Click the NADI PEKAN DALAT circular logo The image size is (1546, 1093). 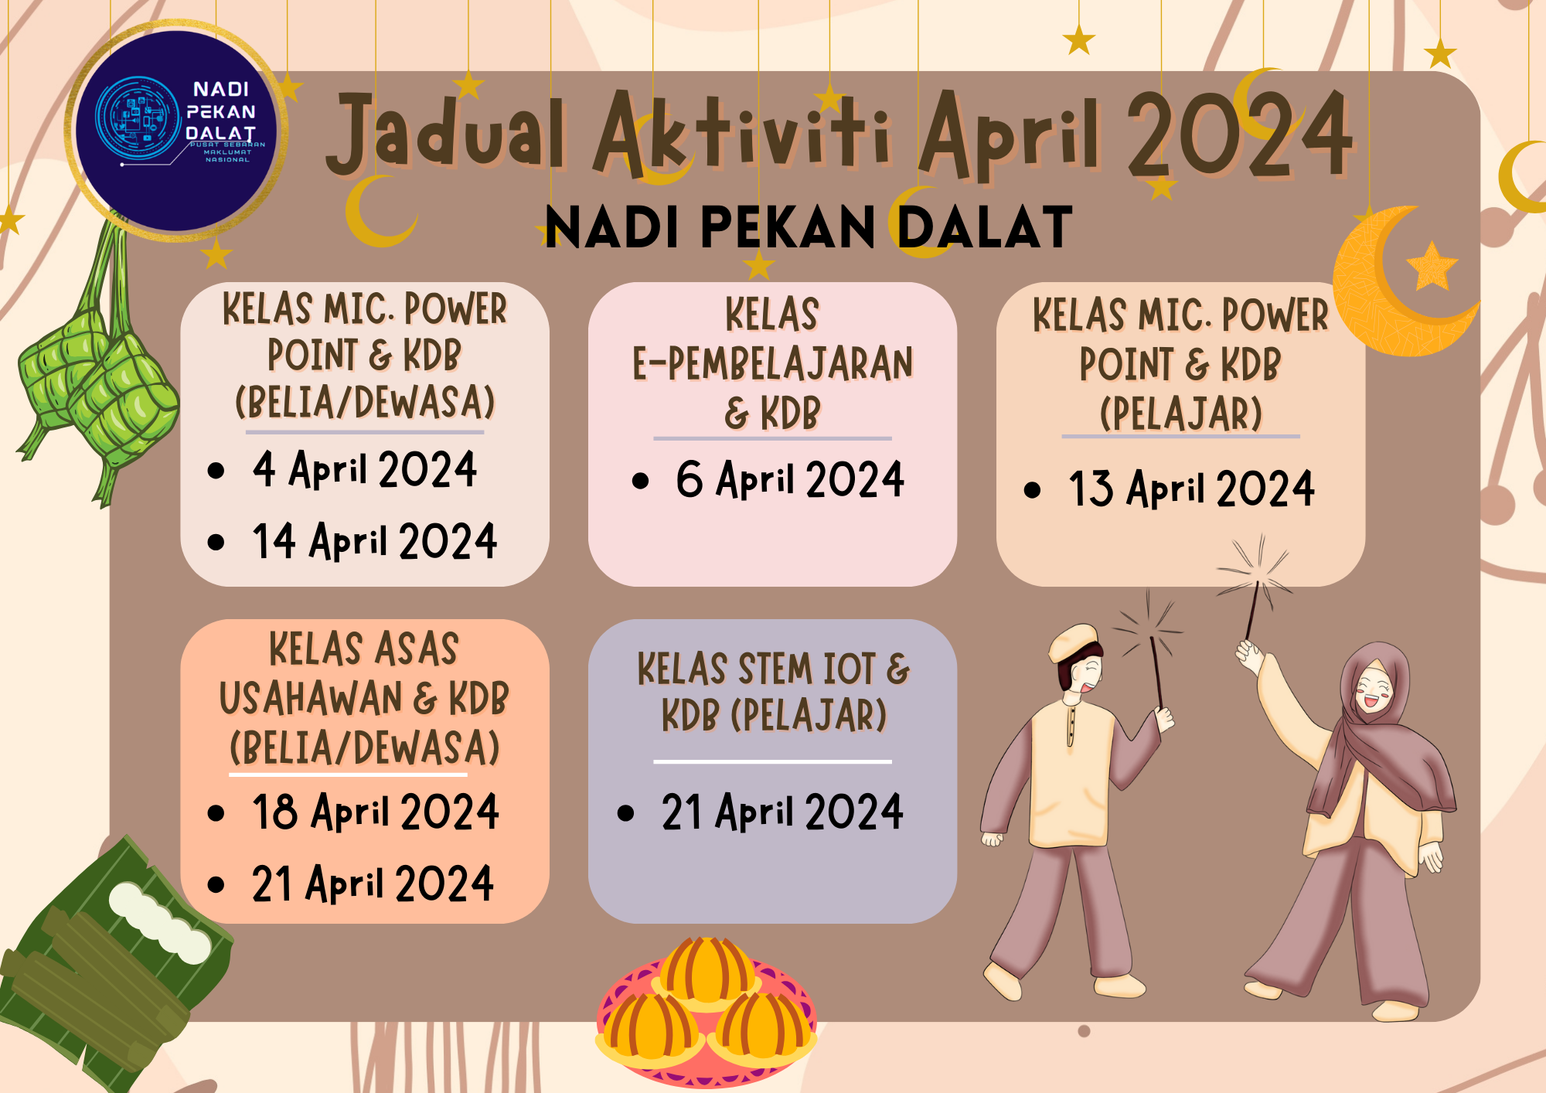point(178,128)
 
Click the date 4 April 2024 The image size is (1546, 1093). point(364,469)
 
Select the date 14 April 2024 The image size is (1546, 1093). point(374,540)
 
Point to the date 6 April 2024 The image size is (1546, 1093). point(789,479)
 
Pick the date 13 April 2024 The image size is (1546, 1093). point(1190,489)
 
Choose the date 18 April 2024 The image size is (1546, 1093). point(375,812)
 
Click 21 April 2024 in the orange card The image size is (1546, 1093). point(372,884)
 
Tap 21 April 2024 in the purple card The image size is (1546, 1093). point(782,812)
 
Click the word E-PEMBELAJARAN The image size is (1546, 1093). point(772,364)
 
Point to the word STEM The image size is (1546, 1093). point(772,669)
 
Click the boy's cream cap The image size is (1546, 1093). point(1074,642)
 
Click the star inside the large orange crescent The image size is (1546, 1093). point(1432,267)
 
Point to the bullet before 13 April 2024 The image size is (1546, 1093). point(1032,490)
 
